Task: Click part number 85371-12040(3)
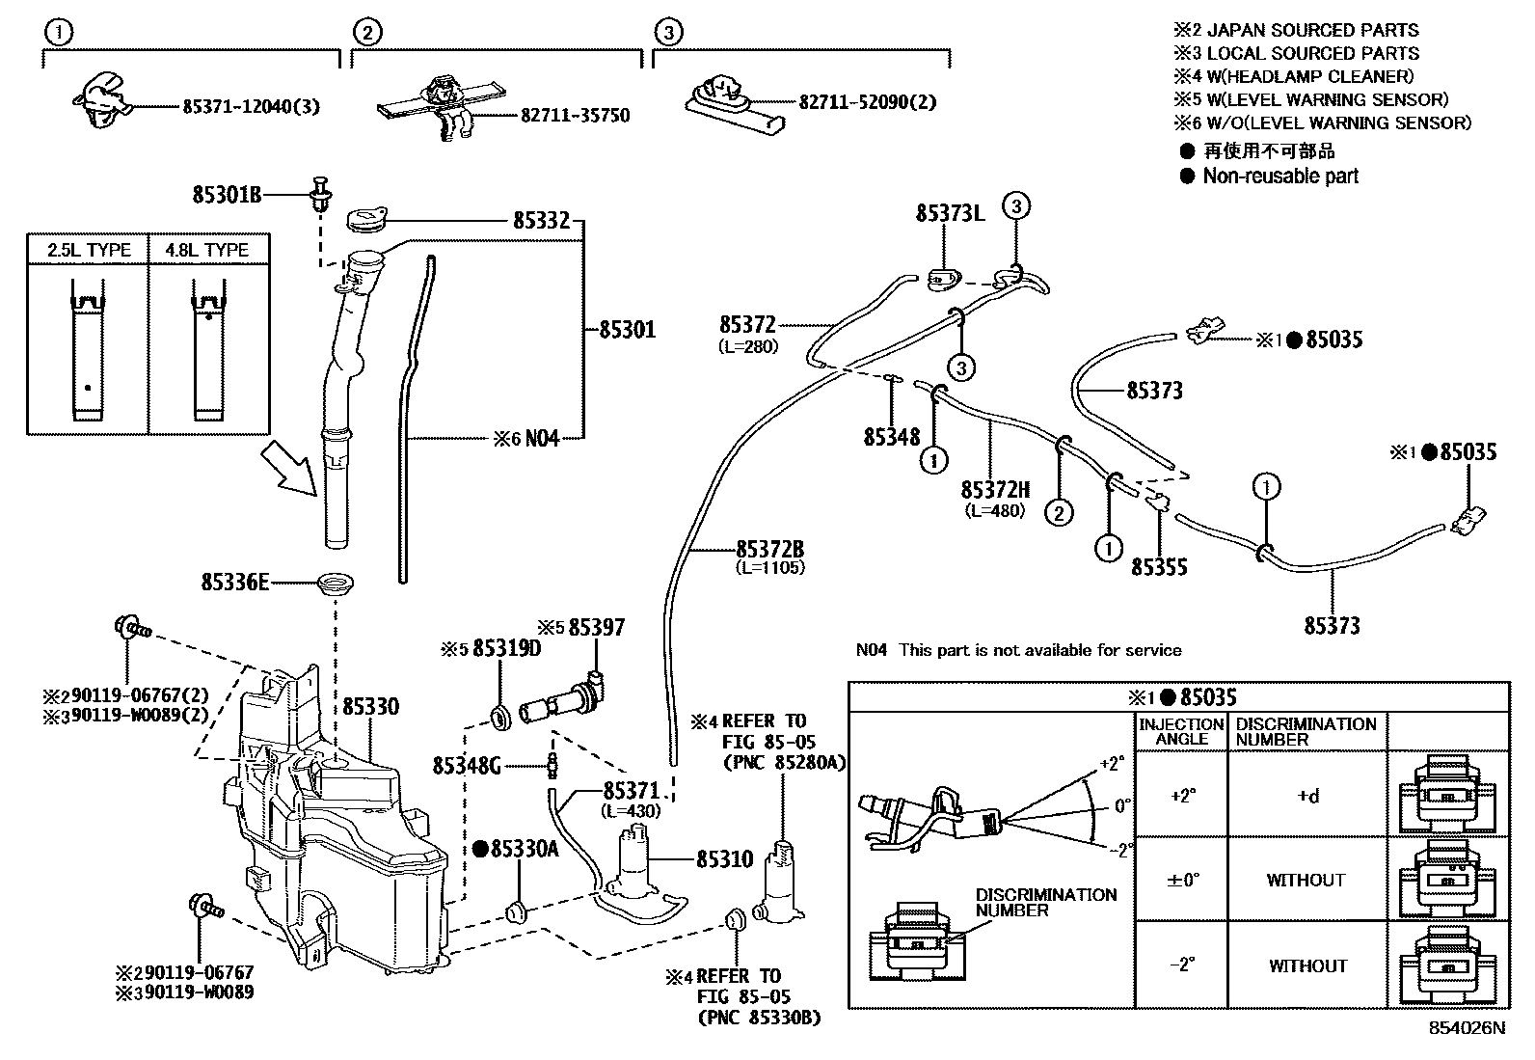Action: click(x=251, y=106)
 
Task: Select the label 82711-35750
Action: click(x=575, y=116)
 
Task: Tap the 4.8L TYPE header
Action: click(x=207, y=251)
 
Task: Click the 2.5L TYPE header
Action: click(x=90, y=251)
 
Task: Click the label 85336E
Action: click(x=234, y=583)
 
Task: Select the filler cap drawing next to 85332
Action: click(x=366, y=218)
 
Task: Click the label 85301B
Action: click(x=227, y=196)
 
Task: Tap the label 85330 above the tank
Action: click(x=368, y=707)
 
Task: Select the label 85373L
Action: click(x=950, y=213)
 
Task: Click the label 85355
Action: click(x=1159, y=567)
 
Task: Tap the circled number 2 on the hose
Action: click(x=1059, y=512)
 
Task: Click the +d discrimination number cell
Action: click(x=1306, y=796)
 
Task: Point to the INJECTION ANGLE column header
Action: click(x=1181, y=731)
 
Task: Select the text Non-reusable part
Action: click(x=1280, y=177)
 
